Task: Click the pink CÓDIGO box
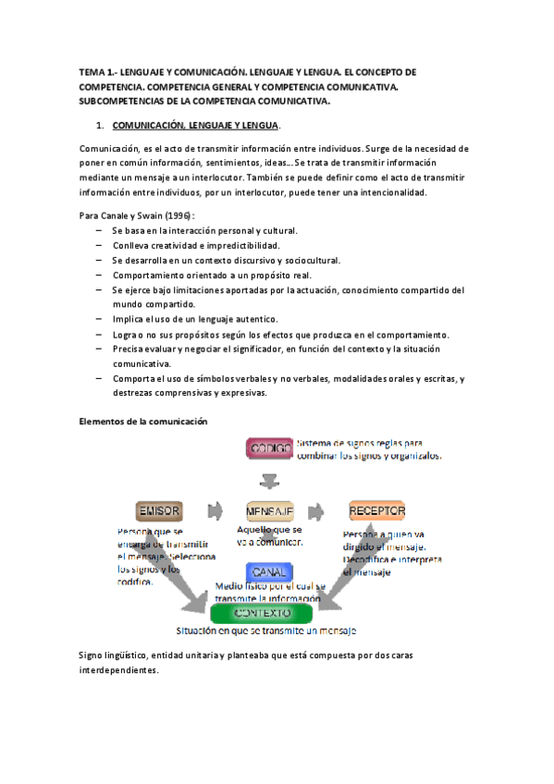click(269, 448)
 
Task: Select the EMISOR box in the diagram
click(158, 510)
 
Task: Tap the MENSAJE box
click(269, 510)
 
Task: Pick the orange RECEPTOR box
click(376, 510)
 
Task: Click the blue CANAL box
click(269, 570)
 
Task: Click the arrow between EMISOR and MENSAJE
click(215, 510)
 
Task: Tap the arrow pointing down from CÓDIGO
click(269, 480)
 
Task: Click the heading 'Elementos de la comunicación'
click(142, 422)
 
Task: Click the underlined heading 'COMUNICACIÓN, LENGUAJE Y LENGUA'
click(194, 125)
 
